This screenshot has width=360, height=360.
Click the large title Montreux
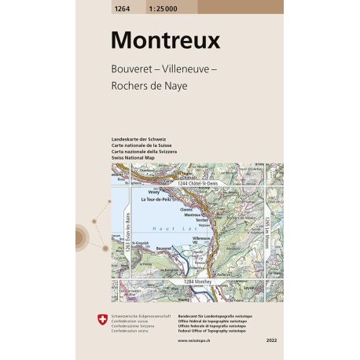point(166,40)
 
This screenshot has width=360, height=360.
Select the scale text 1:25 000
point(163,6)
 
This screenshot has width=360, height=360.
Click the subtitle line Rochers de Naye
point(150,85)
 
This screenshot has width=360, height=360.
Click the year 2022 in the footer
point(272,341)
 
